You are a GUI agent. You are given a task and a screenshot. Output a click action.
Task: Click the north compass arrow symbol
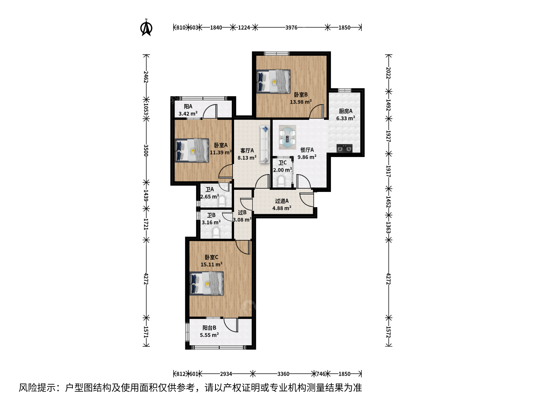(146, 27)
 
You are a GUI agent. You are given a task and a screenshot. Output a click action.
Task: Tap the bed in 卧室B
(273, 81)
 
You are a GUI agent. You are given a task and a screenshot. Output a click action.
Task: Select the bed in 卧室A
(192, 150)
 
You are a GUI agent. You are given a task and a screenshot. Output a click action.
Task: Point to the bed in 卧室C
(207, 283)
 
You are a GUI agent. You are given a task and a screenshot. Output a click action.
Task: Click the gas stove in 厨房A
(344, 148)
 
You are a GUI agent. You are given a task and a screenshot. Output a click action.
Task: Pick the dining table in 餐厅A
(287, 137)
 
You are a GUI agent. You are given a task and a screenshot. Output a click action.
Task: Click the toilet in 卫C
(281, 182)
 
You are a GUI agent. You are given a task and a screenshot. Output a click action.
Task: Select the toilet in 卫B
(216, 232)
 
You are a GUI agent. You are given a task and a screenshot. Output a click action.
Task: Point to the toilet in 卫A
(222, 201)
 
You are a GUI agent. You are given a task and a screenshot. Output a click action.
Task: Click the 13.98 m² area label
(301, 102)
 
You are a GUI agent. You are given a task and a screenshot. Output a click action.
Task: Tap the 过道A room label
(282, 201)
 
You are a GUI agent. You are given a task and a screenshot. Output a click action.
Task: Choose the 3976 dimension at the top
(291, 27)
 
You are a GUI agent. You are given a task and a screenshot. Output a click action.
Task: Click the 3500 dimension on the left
(146, 150)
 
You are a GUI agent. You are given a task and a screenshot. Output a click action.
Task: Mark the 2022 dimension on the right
(389, 73)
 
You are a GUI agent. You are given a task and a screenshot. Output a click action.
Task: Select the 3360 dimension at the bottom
(283, 374)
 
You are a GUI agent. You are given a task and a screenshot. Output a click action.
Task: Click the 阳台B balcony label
(209, 328)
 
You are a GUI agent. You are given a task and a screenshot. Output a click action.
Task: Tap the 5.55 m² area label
(209, 335)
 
